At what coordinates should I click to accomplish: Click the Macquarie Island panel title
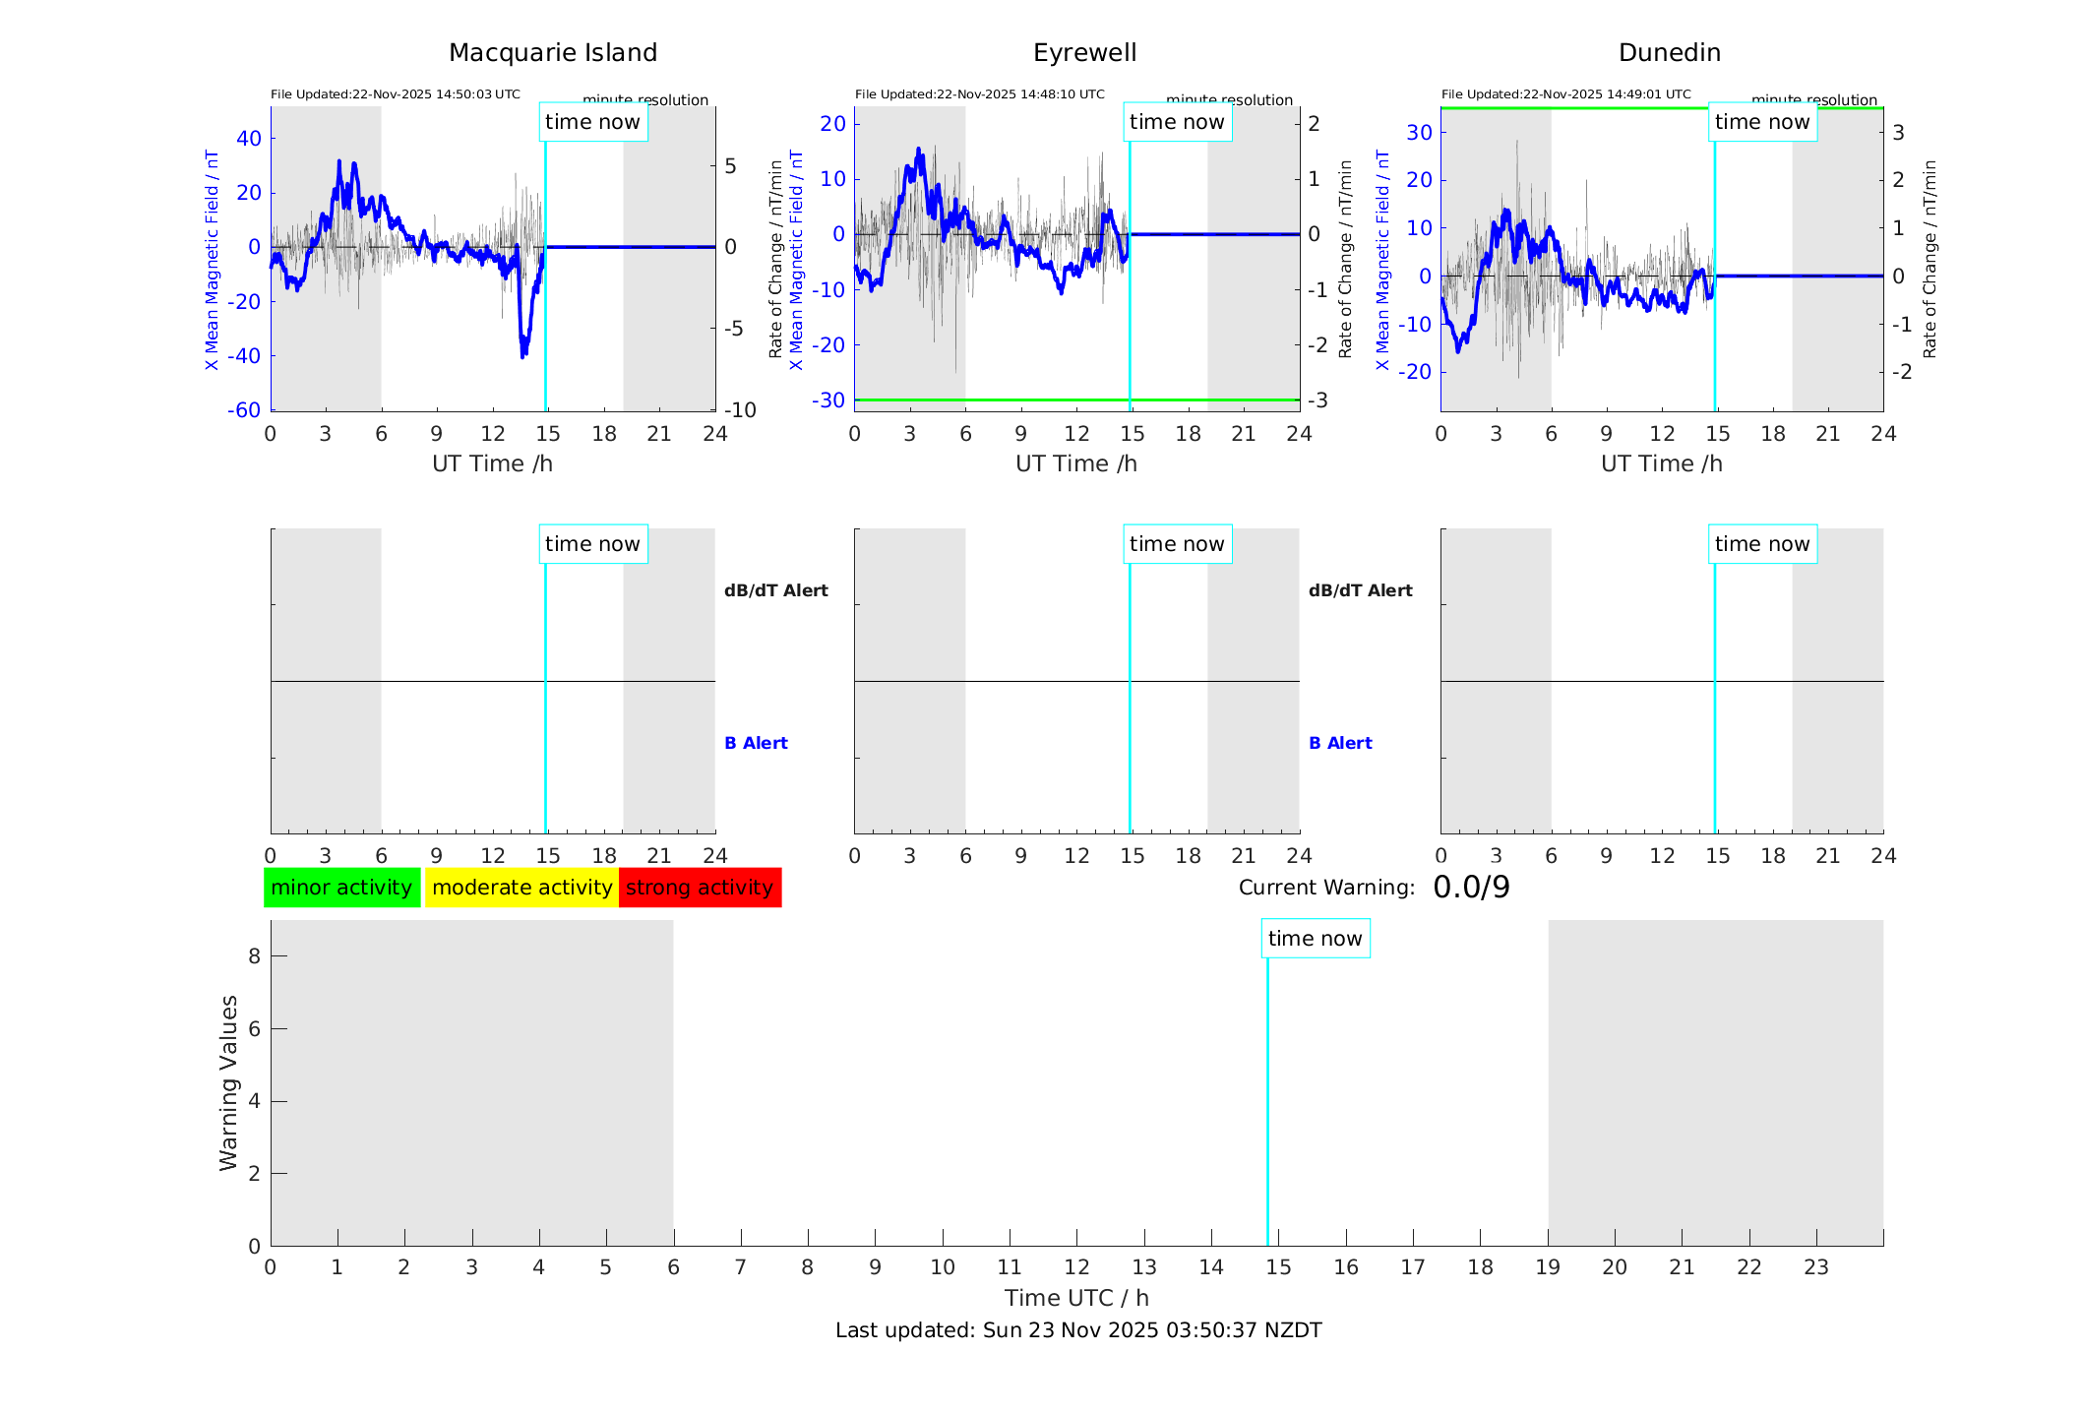[x=552, y=53]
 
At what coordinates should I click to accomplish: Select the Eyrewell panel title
[x=1084, y=53]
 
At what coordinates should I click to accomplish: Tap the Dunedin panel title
[x=1669, y=53]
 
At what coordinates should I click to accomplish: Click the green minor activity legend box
[x=341, y=888]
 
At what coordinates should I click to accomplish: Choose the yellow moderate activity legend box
[x=521, y=888]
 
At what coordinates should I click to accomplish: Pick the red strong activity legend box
[x=700, y=888]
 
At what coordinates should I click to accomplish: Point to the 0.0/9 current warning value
[x=1471, y=888]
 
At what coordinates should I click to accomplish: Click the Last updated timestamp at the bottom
[x=1078, y=1330]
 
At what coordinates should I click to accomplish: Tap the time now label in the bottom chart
[x=1315, y=939]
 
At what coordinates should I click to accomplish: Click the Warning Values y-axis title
[x=229, y=1082]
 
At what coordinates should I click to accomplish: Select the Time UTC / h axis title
[x=1076, y=1298]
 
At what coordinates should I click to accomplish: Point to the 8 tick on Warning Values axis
[x=254, y=955]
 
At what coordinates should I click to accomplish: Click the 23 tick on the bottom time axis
[x=1815, y=1267]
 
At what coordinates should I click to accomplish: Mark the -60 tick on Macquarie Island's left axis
[x=244, y=410]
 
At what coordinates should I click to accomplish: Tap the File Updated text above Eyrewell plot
[x=979, y=94]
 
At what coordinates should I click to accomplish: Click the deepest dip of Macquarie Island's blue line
[x=522, y=354]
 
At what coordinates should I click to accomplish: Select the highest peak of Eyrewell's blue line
[x=918, y=150]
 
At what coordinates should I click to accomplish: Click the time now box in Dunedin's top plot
[x=1761, y=122]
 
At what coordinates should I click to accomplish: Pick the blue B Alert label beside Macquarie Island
[x=756, y=743]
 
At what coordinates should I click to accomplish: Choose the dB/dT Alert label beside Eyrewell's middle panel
[x=1360, y=590]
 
